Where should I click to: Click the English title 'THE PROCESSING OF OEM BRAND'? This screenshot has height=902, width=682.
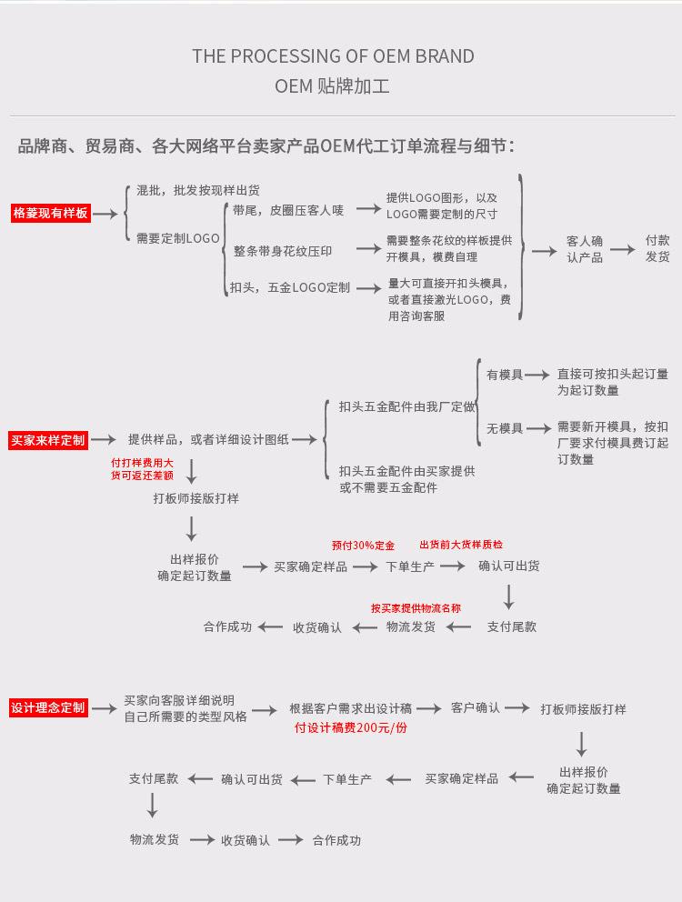tap(333, 56)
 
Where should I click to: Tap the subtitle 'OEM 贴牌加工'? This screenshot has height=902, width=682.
tap(333, 88)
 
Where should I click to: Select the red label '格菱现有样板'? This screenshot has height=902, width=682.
tap(51, 214)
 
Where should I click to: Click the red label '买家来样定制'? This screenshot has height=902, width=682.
tap(49, 440)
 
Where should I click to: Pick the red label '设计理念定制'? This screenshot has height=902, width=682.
tap(49, 707)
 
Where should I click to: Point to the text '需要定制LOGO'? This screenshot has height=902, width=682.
tap(178, 238)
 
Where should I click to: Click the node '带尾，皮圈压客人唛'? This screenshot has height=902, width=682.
tap(288, 210)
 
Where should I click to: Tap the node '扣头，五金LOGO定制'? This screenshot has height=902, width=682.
tap(290, 287)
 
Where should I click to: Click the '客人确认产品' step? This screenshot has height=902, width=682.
tap(585, 249)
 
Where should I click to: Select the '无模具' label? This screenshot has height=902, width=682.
tap(505, 428)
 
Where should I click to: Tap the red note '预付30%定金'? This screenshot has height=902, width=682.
tap(363, 546)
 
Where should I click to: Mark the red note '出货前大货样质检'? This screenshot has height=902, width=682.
tap(461, 545)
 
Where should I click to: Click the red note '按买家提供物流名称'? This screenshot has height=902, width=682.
tap(416, 608)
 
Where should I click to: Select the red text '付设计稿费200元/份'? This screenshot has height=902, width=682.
tap(351, 728)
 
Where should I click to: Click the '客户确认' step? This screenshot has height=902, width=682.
tap(476, 707)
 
